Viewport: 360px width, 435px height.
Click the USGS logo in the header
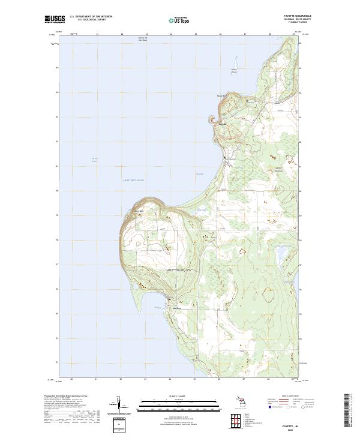coord(55,19)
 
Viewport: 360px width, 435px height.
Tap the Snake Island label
coord(235,71)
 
